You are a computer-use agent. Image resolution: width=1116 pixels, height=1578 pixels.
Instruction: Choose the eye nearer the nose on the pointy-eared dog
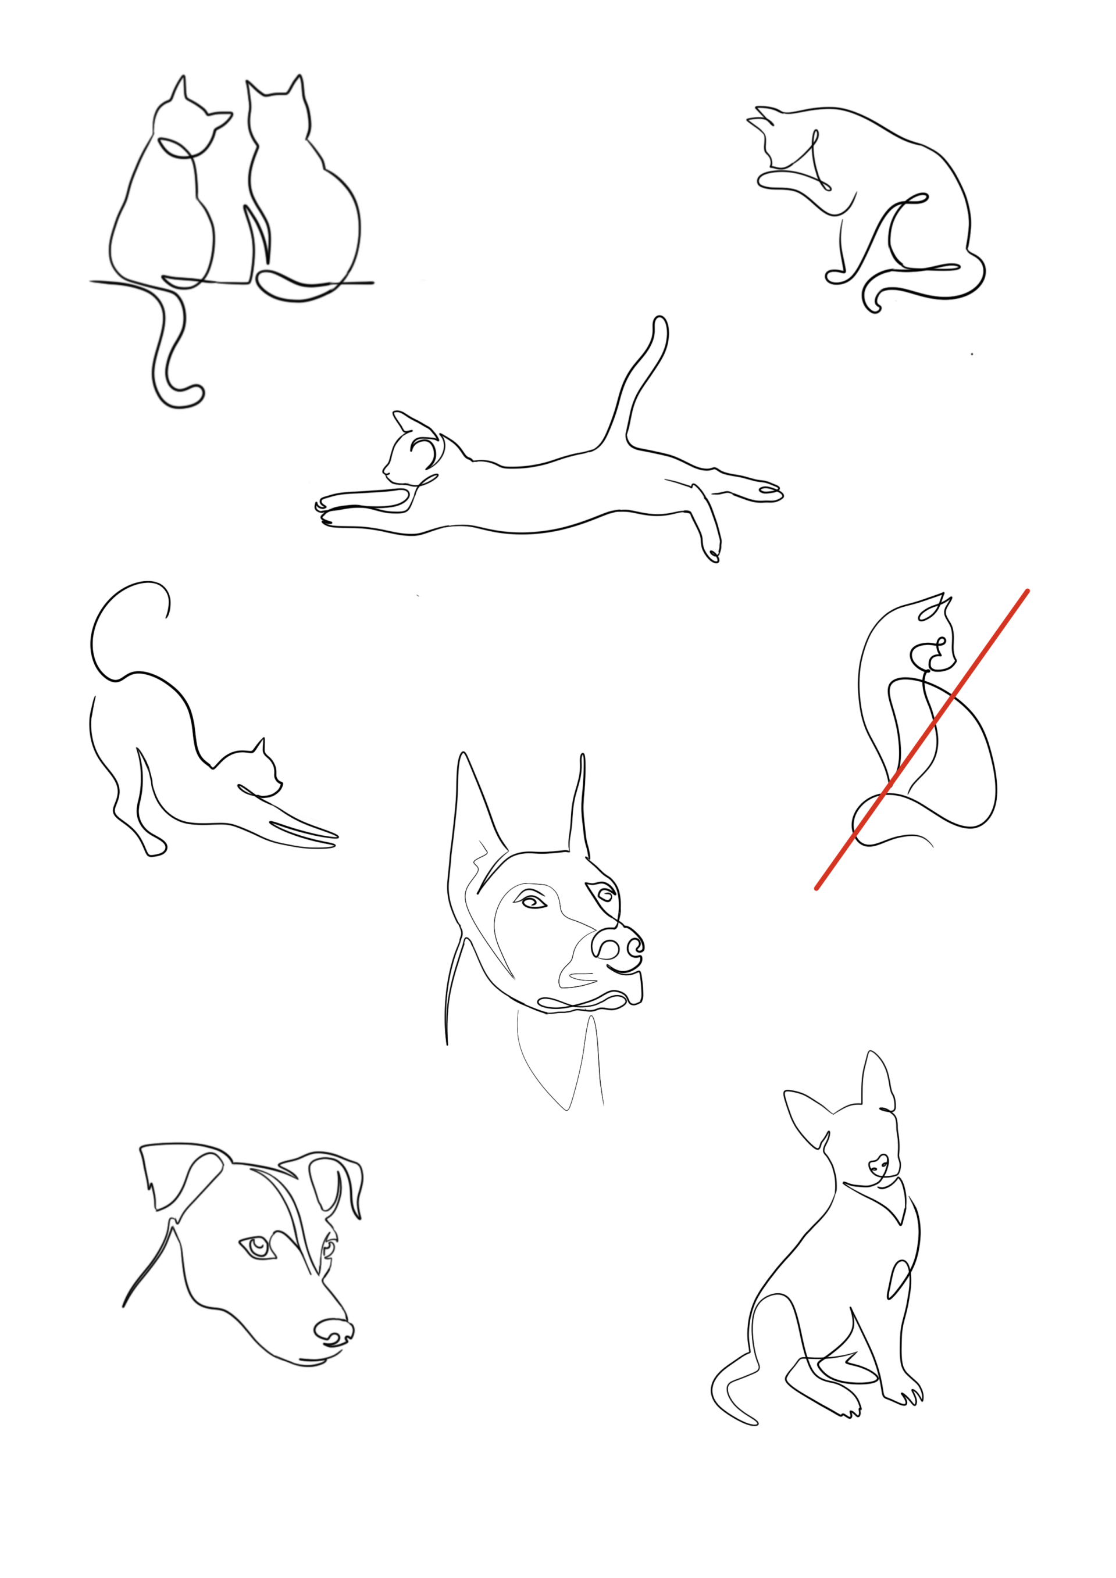[x=604, y=894]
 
